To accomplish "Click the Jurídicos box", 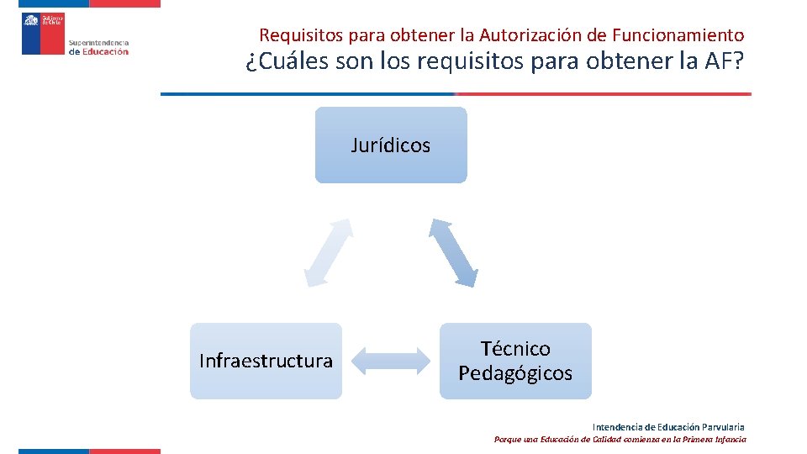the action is click(391, 145).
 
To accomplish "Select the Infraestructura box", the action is click(266, 361).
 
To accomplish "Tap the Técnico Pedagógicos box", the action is click(515, 361).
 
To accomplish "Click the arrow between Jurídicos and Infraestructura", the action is click(328, 252).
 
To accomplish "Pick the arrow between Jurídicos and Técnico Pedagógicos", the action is click(454, 252).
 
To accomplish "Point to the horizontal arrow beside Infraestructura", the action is click(391, 361).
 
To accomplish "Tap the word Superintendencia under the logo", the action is click(98, 42).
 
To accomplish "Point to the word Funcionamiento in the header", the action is click(678, 35).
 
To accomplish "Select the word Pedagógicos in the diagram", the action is click(515, 373).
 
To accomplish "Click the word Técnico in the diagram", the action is click(515, 348).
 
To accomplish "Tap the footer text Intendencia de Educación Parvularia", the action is click(668, 427).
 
